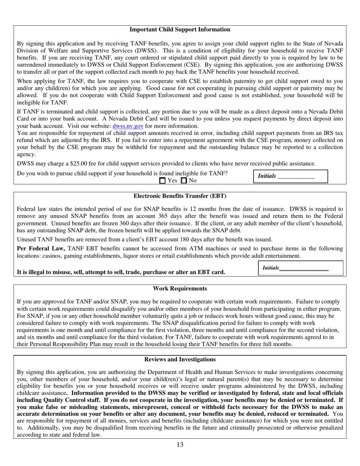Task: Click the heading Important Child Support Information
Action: click(x=180, y=30)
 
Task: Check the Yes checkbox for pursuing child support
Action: click(x=163, y=181)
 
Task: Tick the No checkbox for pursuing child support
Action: click(x=184, y=181)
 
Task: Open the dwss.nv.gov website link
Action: click(x=128, y=126)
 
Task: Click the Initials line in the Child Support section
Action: click(x=296, y=177)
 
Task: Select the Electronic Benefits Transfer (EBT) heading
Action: click(x=180, y=196)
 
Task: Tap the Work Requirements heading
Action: click(x=180, y=289)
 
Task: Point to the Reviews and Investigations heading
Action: click(x=180, y=360)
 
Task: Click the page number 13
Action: click(x=180, y=445)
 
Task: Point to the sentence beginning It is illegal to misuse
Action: click(x=121, y=272)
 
